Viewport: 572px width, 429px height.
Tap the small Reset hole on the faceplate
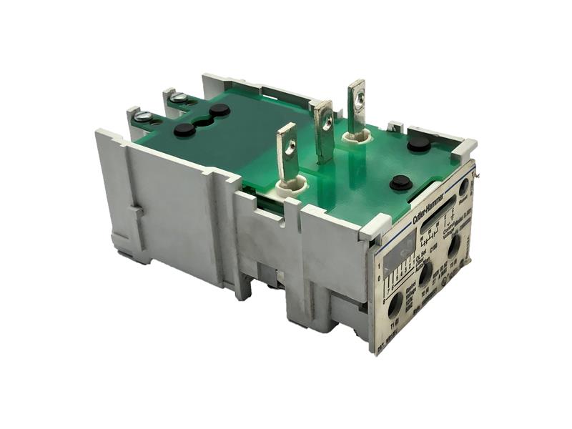click(463, 189)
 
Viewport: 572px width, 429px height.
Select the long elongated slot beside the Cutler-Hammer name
click(438, 220)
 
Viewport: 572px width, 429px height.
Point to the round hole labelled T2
click(425, 275)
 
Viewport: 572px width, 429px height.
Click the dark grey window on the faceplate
click(398, 253)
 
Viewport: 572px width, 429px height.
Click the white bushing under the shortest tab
click(291, 187)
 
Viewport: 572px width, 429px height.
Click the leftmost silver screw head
click(142, 117)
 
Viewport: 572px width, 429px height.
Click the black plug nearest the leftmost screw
click(184, 130)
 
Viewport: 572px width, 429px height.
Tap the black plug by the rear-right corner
click(419, 144)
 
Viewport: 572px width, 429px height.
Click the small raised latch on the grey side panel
click(137, 213)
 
